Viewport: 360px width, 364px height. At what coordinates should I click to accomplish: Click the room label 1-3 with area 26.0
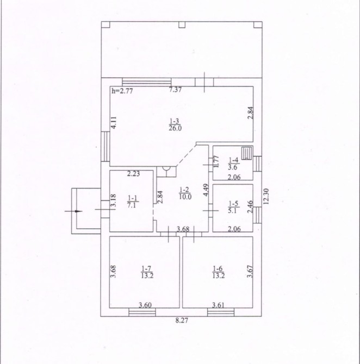pos(175,125)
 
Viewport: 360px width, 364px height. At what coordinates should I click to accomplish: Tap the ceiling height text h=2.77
pos(122,91)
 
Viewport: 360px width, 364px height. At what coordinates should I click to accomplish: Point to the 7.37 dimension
pos(175,90)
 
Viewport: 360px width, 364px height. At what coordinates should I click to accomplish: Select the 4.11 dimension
pos(114,123)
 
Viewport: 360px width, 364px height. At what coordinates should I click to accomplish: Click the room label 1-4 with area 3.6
pos(233,164)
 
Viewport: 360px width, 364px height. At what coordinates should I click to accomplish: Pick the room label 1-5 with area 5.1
pos(233,207)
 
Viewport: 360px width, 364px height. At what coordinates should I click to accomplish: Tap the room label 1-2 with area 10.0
pos(185,193)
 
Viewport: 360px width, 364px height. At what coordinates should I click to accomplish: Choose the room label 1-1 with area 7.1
pos(133,202)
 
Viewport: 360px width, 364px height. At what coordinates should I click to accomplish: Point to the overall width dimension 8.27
pos(182,321)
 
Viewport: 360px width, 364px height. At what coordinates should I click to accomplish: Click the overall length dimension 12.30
pos(266,196)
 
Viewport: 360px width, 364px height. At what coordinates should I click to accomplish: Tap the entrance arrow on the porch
pos(73,211)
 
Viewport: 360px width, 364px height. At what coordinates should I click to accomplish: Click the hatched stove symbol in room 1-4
pos(246,153)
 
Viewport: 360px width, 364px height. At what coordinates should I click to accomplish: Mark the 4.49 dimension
pos(206,190)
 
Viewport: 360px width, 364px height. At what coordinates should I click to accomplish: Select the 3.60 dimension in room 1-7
pos(145,305)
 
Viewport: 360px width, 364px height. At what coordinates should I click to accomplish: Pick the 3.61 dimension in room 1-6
pos(219,305)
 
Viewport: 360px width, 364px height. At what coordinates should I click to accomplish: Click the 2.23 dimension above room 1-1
pos(133,174)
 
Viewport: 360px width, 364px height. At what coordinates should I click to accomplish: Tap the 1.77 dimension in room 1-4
pos(216,161)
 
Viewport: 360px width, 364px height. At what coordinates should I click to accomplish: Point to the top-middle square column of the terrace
pos(182,24)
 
